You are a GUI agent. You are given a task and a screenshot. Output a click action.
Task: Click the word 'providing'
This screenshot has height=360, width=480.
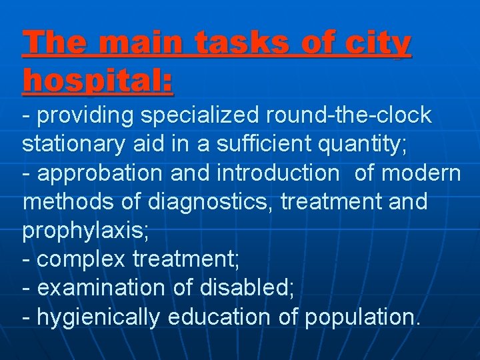[x=86, y=116]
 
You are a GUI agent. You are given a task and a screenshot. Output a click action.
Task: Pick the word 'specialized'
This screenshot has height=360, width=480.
[x=198, y=116]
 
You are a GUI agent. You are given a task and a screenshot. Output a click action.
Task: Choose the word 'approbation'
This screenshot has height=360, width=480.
[x=101, y=173]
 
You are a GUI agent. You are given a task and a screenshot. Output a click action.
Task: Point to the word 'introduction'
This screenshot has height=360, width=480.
[x=278, y=173]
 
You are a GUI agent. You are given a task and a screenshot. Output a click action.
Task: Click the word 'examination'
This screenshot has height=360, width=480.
[x=100, y=289]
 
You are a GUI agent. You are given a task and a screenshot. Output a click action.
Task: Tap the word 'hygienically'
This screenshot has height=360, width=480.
[x=98, y=318]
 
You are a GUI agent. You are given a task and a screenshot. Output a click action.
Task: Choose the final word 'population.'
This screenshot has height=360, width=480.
[x=363, y=318]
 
